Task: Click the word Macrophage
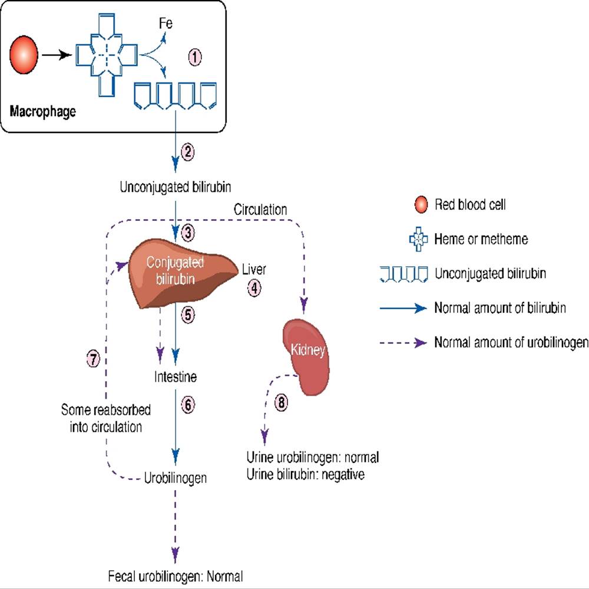click(43, 111)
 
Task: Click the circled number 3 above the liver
click(188, 232)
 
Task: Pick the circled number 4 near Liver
click(254, 288)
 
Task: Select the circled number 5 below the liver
click(187, 315)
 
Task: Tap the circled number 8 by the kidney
click(282, 403)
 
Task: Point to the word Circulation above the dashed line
click(260, 210)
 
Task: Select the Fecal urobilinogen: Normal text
click(175, 575)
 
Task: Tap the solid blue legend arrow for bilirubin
click(403, 308)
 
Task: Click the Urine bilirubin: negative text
click(305, 474)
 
